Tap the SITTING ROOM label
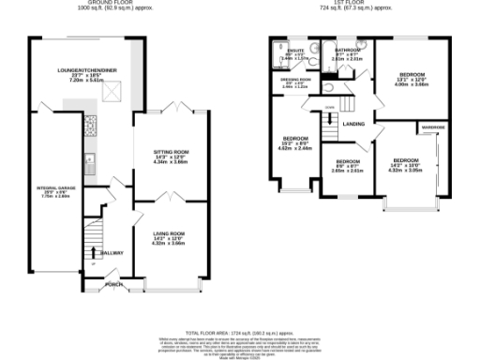tap(172, 151)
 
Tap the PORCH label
tap(114, 283)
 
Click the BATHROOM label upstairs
tap(348, 50)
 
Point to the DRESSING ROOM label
tap(296, 79)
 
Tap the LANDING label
tap(353, 124)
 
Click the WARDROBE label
tap(432, 125)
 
